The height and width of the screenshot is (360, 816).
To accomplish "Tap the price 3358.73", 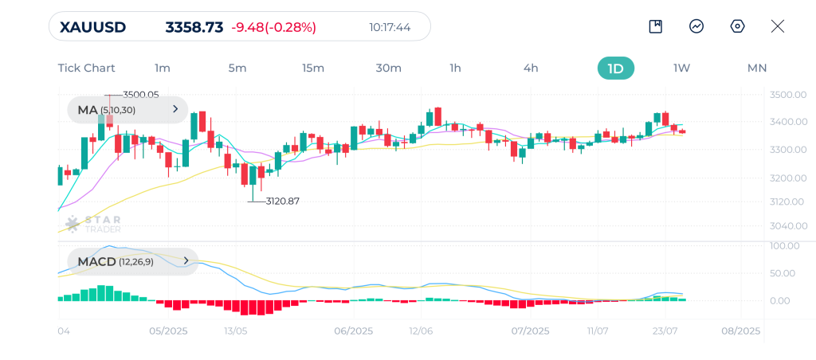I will pos(194,27).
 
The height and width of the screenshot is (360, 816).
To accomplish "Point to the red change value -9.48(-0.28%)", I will pos(273,27).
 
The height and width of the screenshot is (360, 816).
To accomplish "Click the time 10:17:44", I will pos(390,27).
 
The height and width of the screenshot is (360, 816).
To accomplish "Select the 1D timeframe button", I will pos(615,68).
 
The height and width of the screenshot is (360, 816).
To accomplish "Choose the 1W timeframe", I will pos(681,68).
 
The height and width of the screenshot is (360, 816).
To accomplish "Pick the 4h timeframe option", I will pos(531,68).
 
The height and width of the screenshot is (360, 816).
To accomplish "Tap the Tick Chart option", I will pos(86,68).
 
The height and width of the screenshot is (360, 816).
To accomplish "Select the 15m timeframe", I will pos(313,68).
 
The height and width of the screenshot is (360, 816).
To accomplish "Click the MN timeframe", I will pos(756,68).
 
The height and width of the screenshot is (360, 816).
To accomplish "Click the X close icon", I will pos(778,26).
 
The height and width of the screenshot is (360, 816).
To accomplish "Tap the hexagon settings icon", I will pos(737,26).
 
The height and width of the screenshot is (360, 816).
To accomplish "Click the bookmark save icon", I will pos(655,26).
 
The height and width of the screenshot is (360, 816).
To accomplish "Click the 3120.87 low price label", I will pos(282,202).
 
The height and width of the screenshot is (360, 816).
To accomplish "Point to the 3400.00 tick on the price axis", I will pos(784,122).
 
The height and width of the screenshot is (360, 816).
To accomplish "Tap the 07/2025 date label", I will pos(530,331).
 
